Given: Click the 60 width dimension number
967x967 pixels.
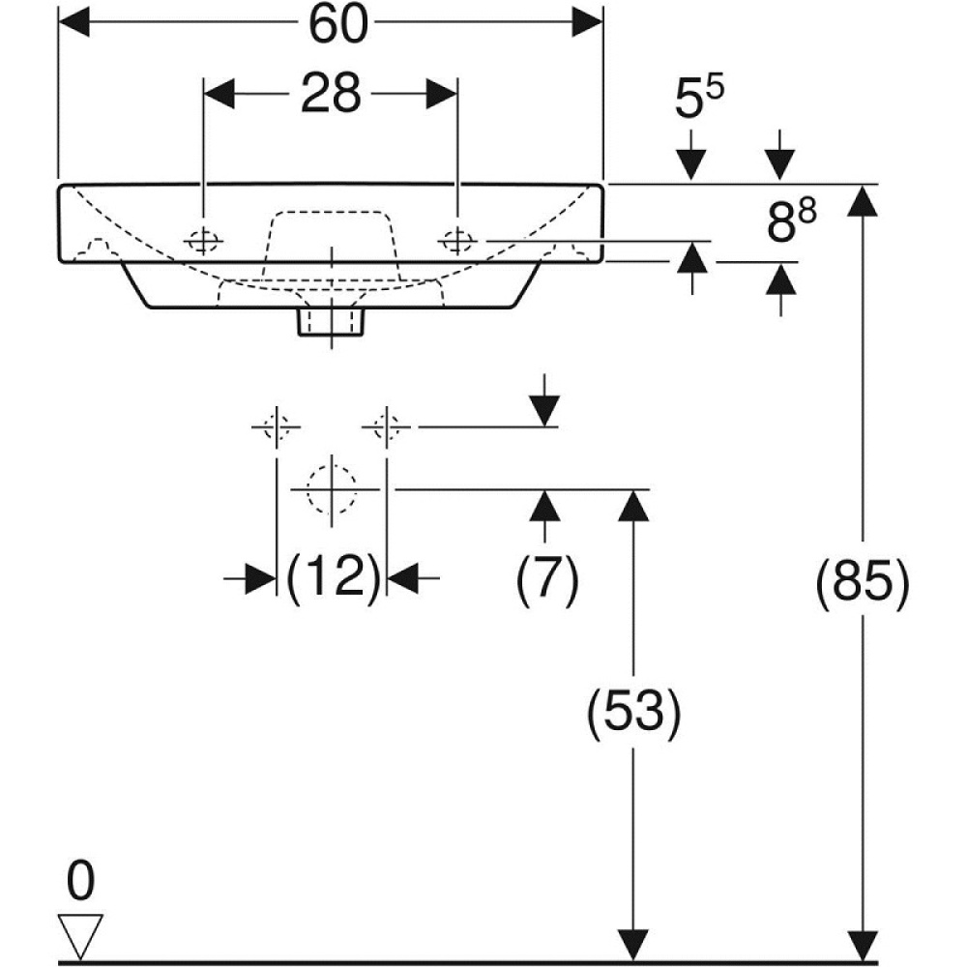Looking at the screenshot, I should (x=338, y=25).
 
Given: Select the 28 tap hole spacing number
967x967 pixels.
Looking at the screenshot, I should (x=330, y=94).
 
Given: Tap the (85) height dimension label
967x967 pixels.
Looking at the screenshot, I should (x=864, y=582).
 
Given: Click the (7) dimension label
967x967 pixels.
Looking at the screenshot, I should (x=546, y=581).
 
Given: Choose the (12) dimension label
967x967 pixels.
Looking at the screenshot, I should (x=332, y=578).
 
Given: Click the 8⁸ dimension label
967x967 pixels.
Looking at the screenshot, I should (x=791, y=223).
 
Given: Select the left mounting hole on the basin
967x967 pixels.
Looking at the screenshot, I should (x=203, y=241).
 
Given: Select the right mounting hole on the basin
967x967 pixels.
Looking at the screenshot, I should (x=456, y=240).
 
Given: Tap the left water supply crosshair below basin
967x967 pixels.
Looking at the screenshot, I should (x=277, y=426).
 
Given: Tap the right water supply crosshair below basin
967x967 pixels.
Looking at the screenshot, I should (x=387, y=426).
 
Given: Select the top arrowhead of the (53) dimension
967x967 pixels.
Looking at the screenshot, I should (x=633, y=504).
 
